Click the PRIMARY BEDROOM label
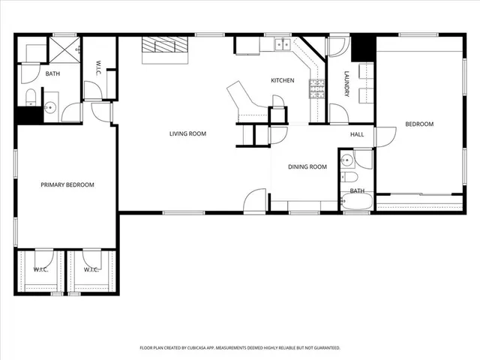point(67,184)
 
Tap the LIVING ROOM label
point(187,133)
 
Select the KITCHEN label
point(282,80)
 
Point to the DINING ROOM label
point(307,166)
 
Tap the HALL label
point(357,134)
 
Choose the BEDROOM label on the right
point(419,124)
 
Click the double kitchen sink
point(282,44)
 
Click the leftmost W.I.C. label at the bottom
point(40,269)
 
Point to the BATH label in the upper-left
point(52,73)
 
